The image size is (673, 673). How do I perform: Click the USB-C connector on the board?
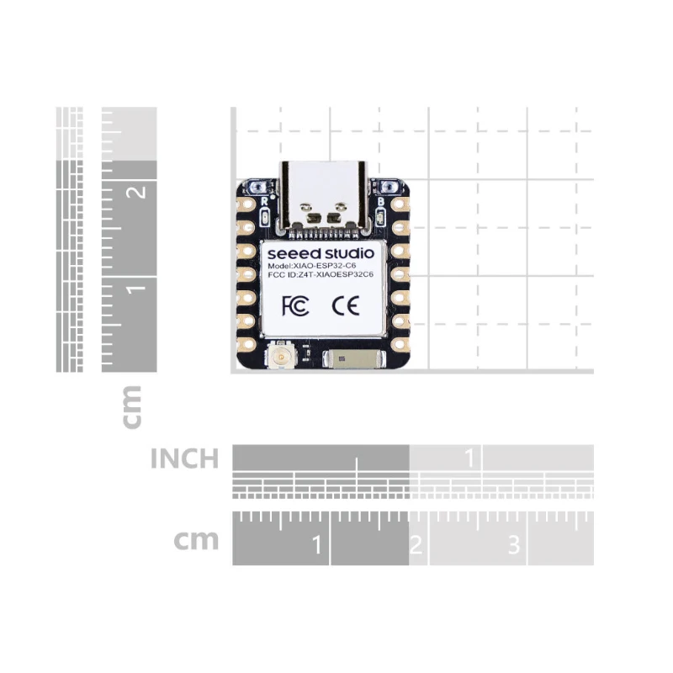[x=323, y=195]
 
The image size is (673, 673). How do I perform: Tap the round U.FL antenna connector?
[x=278, y=359]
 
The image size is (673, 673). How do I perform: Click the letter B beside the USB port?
[x=381, y=203]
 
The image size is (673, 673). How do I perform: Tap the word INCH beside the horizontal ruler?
[x=184, y=459]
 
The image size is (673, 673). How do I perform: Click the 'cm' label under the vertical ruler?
[x=131, y=406]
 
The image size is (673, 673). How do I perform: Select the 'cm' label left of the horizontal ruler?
[x=196, y=539]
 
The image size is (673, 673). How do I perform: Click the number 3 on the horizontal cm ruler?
[x=513, y=545]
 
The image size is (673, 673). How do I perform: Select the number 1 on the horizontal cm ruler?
[x=316, y=545]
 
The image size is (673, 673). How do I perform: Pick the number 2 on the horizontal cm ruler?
[x=415, y=545]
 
